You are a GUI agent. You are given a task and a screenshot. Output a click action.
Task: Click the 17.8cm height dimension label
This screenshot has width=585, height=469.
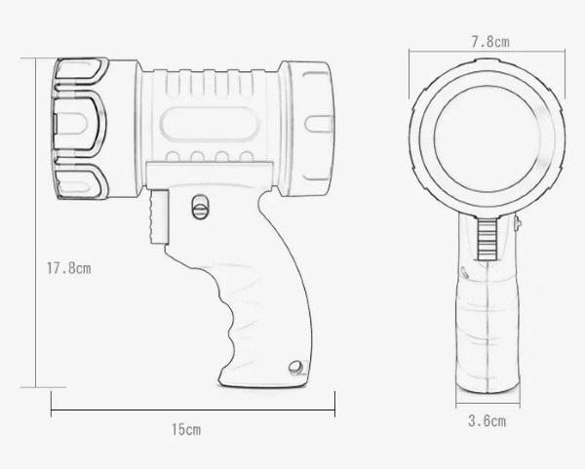(68, 268)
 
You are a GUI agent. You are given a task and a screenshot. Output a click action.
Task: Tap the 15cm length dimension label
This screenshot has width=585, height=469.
(186, 429)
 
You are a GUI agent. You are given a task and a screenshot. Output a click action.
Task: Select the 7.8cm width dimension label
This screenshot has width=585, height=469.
(490, 42)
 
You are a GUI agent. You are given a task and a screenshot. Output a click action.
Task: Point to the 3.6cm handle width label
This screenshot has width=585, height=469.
(487, 421)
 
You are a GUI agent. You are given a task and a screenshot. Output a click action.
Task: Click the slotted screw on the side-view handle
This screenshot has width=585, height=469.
(200, 207)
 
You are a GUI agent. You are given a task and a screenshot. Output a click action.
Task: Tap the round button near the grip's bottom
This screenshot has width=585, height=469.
(295, 367)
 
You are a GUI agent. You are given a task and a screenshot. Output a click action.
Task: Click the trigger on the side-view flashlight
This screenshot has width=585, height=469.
(159, 216)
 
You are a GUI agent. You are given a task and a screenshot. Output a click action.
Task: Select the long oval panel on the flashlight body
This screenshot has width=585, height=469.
(210, 124)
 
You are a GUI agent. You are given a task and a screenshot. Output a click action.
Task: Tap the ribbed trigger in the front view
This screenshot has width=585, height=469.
(487, 239)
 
